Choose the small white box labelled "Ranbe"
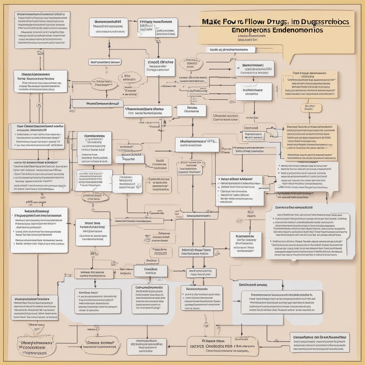pos(192,110)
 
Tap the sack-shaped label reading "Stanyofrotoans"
pos(36,346)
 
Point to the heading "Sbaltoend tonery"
pos(253,285)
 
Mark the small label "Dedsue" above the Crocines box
pos(151,261)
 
